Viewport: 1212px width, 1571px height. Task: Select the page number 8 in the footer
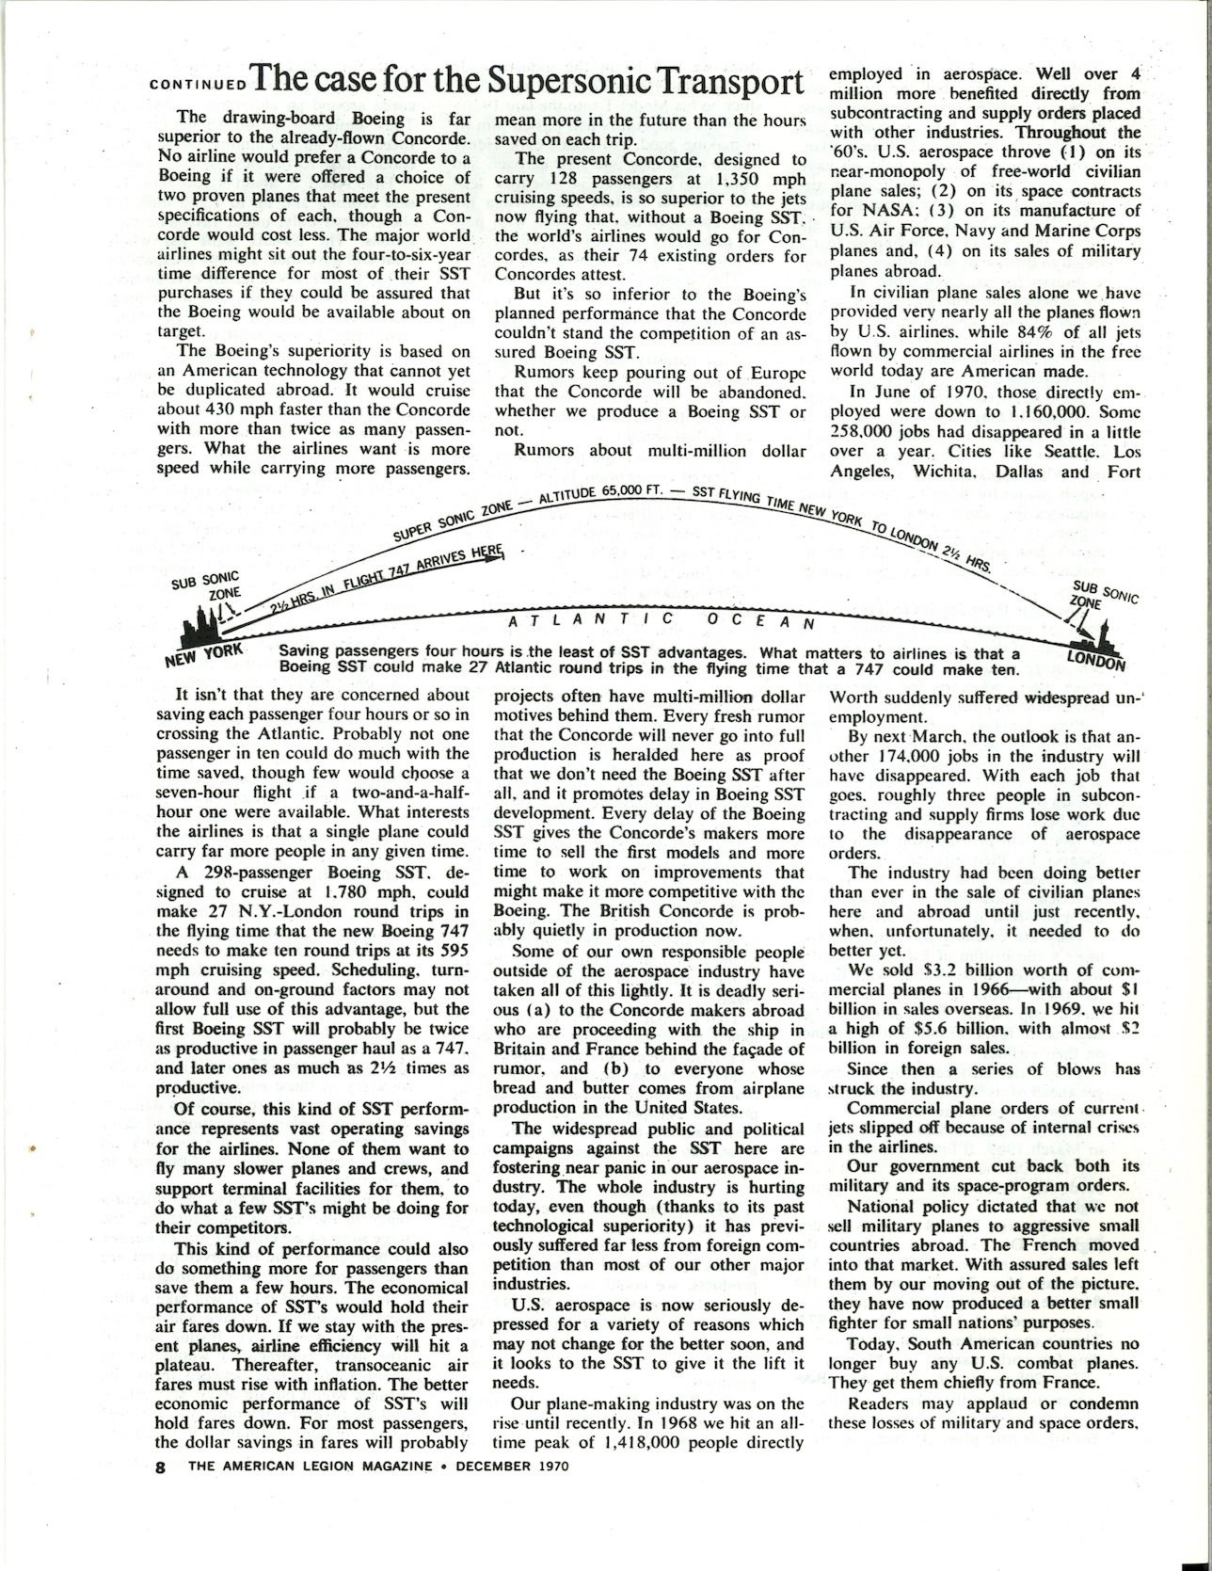point(161,1466)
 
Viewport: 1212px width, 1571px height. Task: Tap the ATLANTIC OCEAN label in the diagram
point(660,621)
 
